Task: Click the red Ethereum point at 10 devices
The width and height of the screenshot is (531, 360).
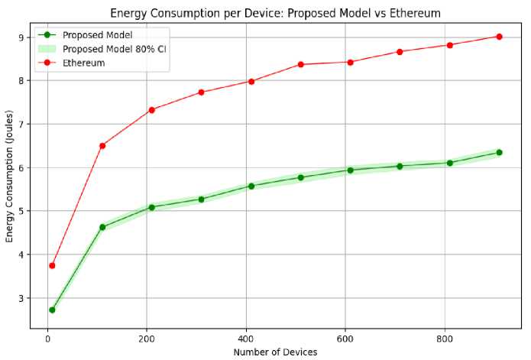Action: pos(52,265)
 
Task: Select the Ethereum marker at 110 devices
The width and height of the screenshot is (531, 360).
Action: pos(102,145)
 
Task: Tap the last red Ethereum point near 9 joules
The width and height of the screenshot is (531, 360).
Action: pos(499,37)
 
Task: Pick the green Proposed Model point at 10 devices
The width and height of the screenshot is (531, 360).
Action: pos(52,310)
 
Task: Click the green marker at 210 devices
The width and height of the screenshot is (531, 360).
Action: pos(152,207)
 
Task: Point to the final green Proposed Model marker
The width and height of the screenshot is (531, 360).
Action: pos(499,152)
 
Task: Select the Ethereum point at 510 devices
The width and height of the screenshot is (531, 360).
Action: pos(301,64)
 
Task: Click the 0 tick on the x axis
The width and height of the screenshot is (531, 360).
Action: pos(47,337)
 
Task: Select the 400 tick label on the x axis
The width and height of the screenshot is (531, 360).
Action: pos(246,337)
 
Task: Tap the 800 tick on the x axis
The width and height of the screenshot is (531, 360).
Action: pos(444,337)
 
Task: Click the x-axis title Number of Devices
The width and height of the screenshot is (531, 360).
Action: pos(274,352)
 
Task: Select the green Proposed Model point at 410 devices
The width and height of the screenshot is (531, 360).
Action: pos(251,186)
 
